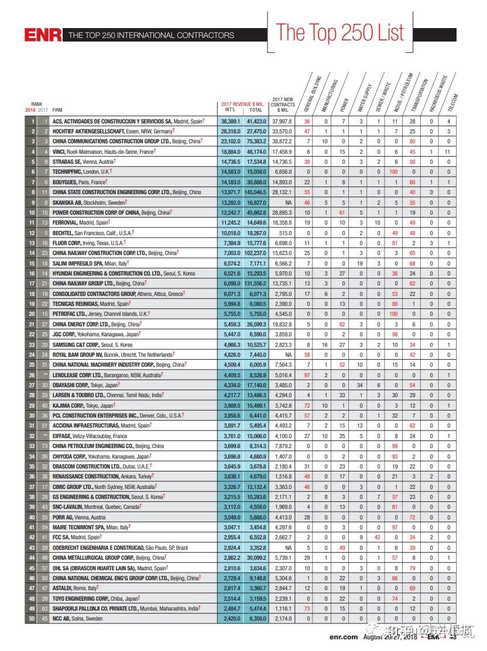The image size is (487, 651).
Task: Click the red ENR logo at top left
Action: tap(43, 35)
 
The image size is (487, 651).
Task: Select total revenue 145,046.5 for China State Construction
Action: tap(256, 192)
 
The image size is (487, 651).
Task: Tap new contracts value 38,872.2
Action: tap(282, 142)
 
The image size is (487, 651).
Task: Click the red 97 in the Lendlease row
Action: tap(307, 374)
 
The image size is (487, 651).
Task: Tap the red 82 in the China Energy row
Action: tap(344, 323)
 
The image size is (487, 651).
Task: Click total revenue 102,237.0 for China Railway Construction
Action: tap(256, 253)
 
